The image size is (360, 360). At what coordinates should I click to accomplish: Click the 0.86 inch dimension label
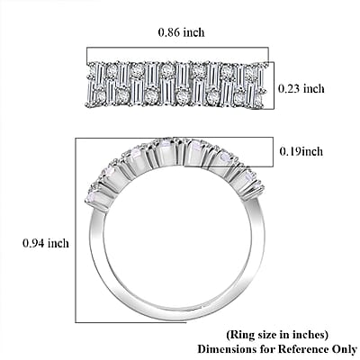point(182,32)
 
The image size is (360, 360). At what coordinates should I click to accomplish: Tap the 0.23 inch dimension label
point(301,89)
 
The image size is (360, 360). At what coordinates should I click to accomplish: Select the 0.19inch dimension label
point(301,151)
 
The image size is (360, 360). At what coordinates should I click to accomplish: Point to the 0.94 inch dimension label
point(46,243)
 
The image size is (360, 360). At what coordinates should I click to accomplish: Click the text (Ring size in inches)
point(277,334)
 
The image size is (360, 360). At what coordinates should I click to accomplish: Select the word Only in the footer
point(344,349)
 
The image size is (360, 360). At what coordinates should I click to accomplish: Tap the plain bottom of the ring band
point(177,314)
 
